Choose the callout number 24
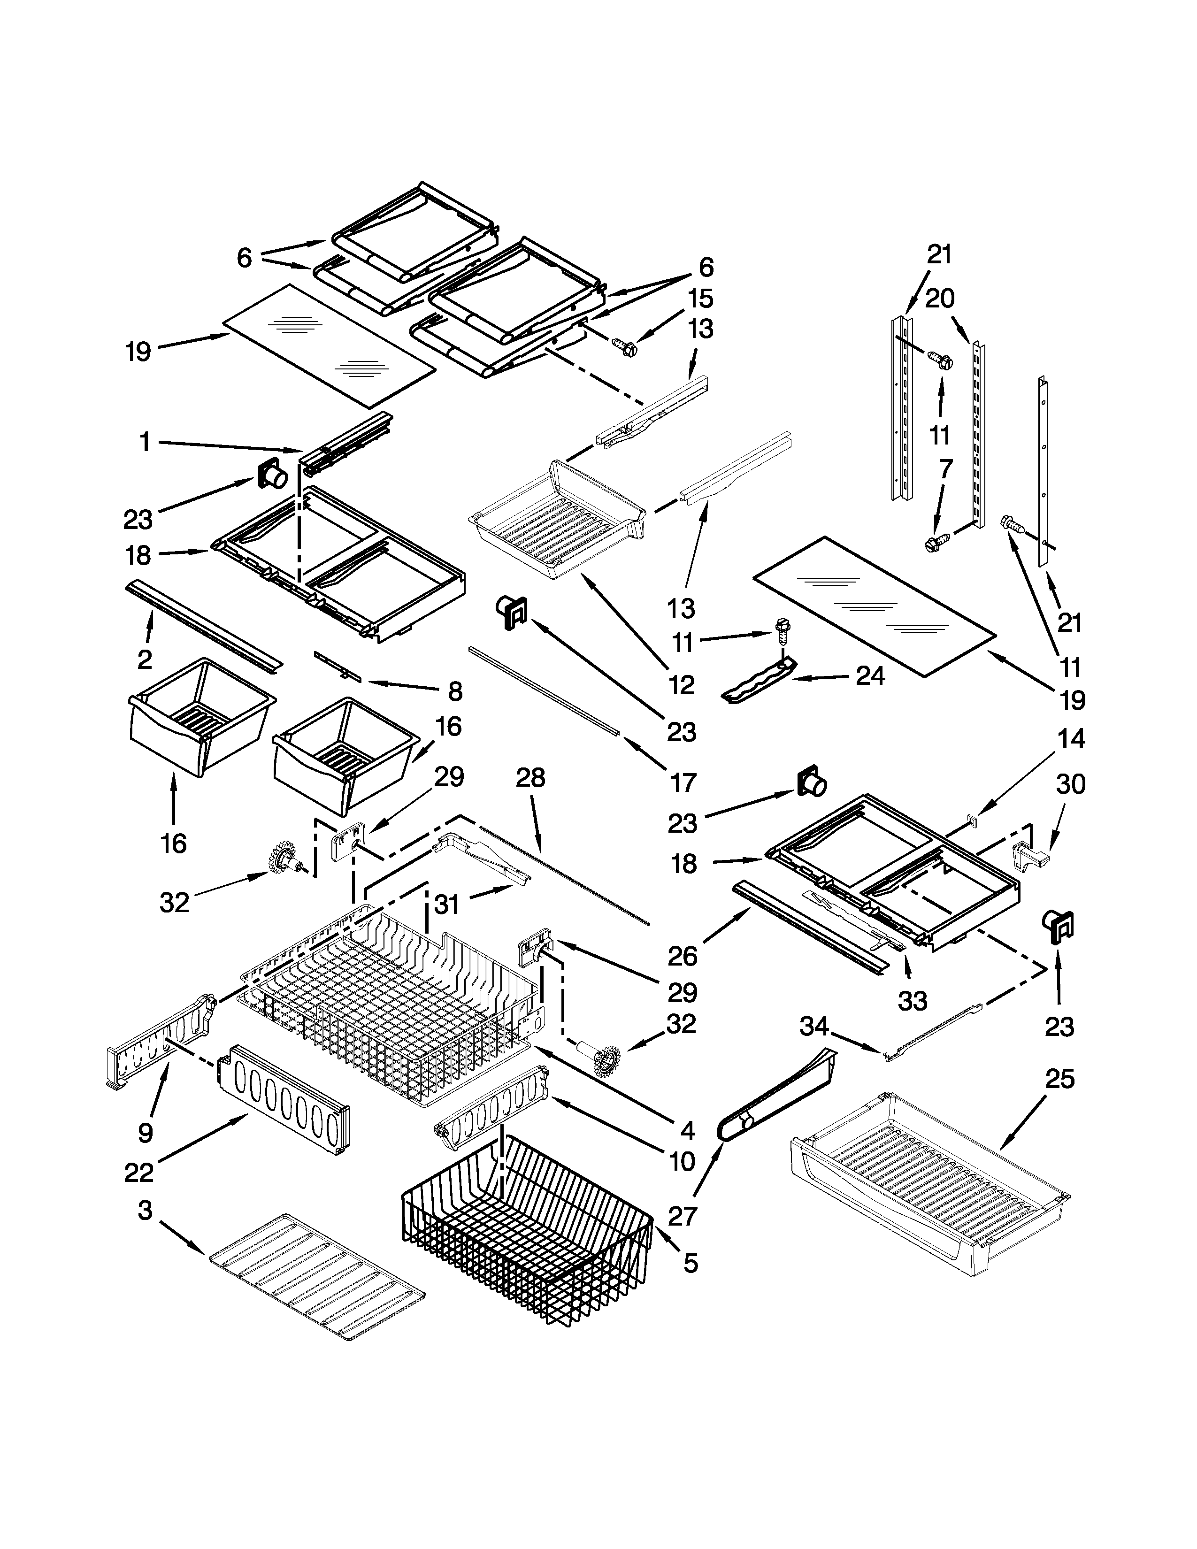pos(870,676)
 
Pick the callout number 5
pos(691,1263)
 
